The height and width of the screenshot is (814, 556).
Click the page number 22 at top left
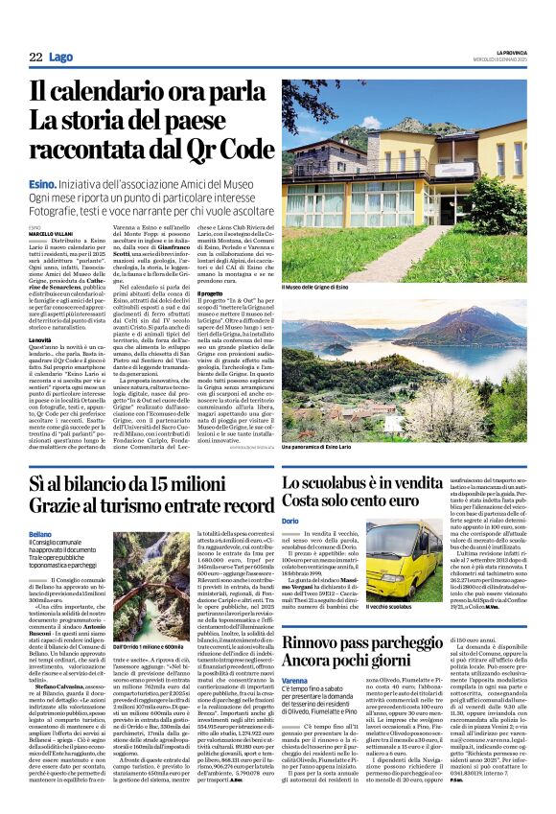pyautogui.click(x=35, y=57)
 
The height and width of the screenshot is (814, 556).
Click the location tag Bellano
pyautogui.click(x=40, y=532)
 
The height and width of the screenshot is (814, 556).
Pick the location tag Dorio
pyautogui.click(x=290, y=520)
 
